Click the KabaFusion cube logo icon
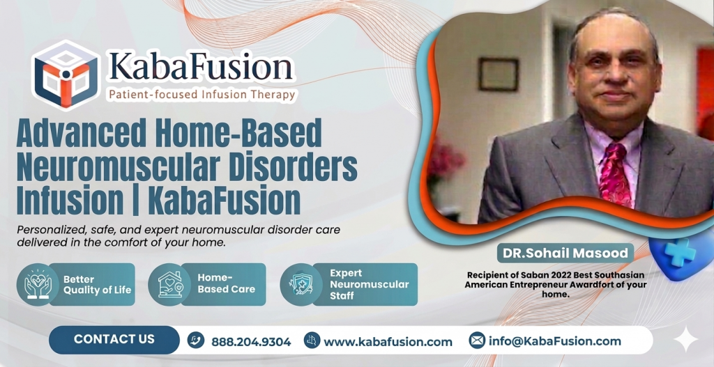pyautogui.click(x=66, y=74)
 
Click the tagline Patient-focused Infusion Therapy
pyautogui.click(x=201, y=94)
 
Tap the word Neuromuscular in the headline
pyautogui.click(x=105, y=166)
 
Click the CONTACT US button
pyautogui.click(x=114, y=339)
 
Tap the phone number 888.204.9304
pyautogui.click(x=251, y=341)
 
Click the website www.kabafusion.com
pyautogui.click(x=388, y=341)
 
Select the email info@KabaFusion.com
pyautogui.click(x=554, y=341)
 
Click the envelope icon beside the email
pyautogui.click(x=477, y=341)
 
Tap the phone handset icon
pyautogui.click(x=196, y=341)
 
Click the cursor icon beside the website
pyautogui.click(x=312, y=341)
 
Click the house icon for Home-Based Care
pyautogui.click(x=169, y=284)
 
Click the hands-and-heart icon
pyautogui.click(x=38, y=284)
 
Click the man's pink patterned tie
pyautogui.click(x=615, y=174)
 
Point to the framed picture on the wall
pyautogui.click(x=499, y=74)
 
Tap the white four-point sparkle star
pyautogui.click(x=686, y=339)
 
